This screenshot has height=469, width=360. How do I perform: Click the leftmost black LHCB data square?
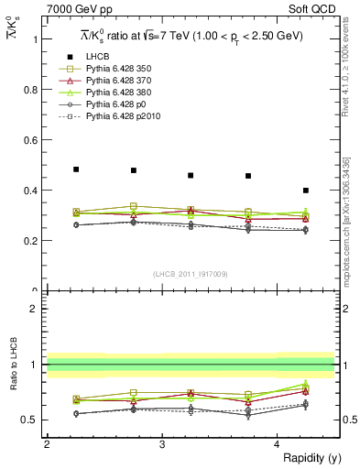click(76, 169)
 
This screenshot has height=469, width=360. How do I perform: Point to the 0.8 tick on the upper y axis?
click(31, 90)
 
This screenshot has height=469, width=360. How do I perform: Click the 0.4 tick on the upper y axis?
click(31, 191)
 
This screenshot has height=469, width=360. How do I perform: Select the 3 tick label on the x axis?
click(162, 444)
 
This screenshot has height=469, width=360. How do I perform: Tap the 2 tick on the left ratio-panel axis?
click(33, 309)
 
